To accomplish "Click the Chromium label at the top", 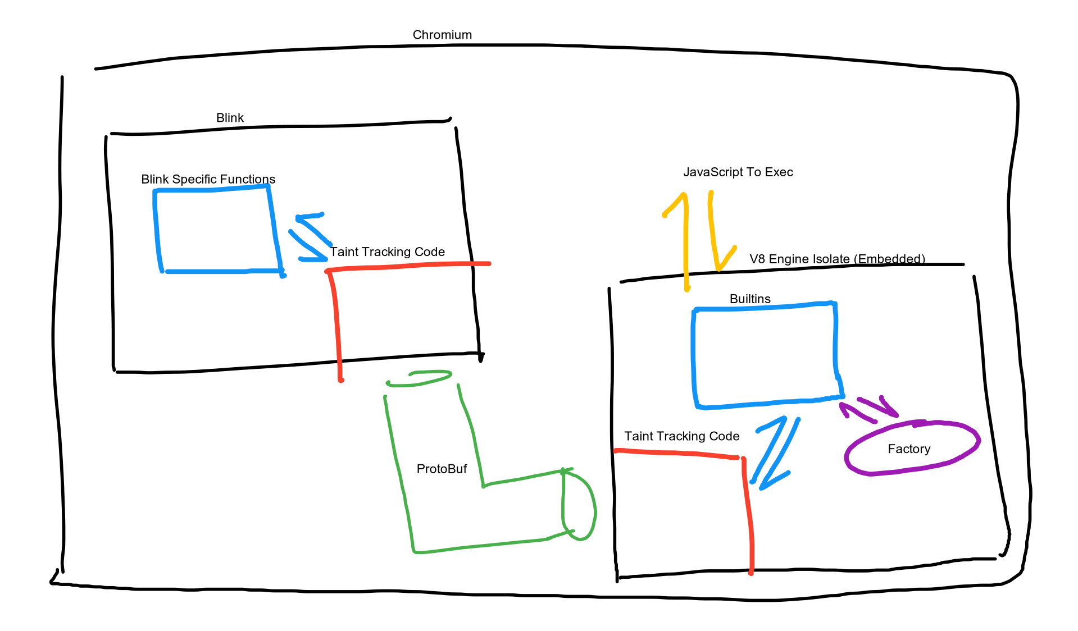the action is (442, 35).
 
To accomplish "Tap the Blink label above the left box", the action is (230, 118).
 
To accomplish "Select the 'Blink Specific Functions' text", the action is (208, 179).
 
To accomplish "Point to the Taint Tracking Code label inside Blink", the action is (387, 252).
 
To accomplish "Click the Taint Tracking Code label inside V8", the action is (681, 436).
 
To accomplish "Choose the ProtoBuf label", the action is (442, 469).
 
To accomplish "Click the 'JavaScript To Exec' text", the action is (738, 172).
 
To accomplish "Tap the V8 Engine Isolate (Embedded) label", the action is (837, 259).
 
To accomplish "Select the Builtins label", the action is (750, 299).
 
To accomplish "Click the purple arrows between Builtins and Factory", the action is (868, 409).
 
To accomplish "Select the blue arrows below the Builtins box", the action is (775, 452).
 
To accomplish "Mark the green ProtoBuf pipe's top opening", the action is (419, 378).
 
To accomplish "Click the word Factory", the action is (909, 449).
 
